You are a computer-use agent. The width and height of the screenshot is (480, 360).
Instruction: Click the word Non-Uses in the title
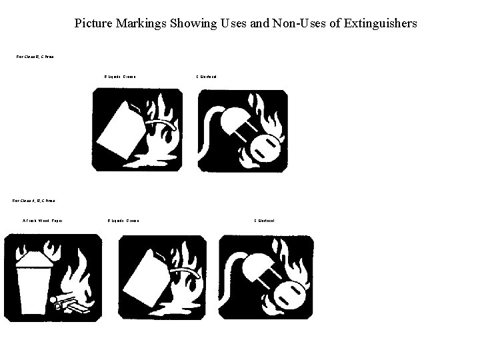click(x=294, y=23)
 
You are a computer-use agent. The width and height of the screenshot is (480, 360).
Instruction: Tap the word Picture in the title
click(x=95, y=23)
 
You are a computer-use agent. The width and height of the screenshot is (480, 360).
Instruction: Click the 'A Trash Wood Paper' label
click(x=43, y=221)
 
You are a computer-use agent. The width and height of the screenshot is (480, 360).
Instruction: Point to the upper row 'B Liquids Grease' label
click(x=121, y=77)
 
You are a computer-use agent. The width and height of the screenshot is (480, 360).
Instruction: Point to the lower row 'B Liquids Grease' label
click(x=123, y=221)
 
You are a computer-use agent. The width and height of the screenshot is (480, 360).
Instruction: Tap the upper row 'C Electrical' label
click(x=205, y=77)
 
